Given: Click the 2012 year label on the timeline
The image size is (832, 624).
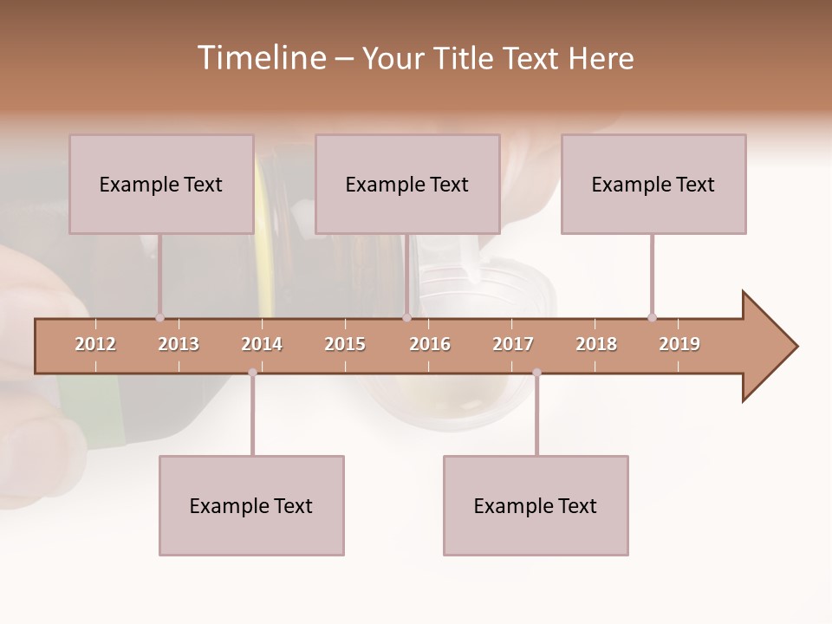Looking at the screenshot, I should pyautogui.click(x=95, y=344).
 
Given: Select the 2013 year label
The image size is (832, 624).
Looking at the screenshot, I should pyautogui.click(x=179, y=344).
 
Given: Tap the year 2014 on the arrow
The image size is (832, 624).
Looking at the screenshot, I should pyautogui.click(x=262, y=344).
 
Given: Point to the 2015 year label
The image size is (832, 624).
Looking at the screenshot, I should pyautogui.click(x=345, y=344).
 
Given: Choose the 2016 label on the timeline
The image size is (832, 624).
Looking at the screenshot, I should pyautogui.click(x=430, y=344).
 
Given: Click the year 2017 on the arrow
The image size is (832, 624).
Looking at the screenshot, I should pyautogui.click(x=513, y=344).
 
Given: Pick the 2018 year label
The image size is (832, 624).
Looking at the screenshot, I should pyautogui.click(x=596, y=344).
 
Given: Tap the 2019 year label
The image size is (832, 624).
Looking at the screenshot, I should pyautogui.click(x=679, y=344).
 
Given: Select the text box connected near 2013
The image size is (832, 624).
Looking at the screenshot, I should pyautogui.click(x=161, y=184).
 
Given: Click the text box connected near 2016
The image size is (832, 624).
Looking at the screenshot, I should pyautogui.click(x=407, y=184).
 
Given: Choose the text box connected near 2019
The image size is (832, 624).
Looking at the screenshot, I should pyautogui.click(x=653, y=184).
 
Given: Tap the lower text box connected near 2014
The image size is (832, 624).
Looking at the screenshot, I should pyautogui.click(x=251, y=505).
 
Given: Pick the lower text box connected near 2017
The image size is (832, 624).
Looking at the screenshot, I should pyautogui.click(x=536, y=505).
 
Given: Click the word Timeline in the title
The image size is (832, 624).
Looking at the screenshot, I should pyautogui.click(x=260, y=58).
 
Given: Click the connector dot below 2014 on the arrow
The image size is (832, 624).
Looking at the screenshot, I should pyautogui.click(x=252, y=373).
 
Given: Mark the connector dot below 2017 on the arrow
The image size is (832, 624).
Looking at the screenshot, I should pyautogui.click(x=536, y=373).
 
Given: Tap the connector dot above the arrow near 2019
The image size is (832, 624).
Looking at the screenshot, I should pyautogui.click(x=652, y=317).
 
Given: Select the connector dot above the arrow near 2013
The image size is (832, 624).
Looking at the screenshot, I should pyautogui.click(x=159, y=317).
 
